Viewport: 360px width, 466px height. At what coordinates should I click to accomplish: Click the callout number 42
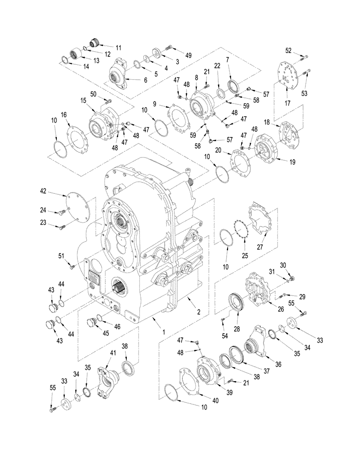click(x=43, y=191)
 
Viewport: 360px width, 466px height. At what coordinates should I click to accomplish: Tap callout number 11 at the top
click(x=118, y=47)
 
